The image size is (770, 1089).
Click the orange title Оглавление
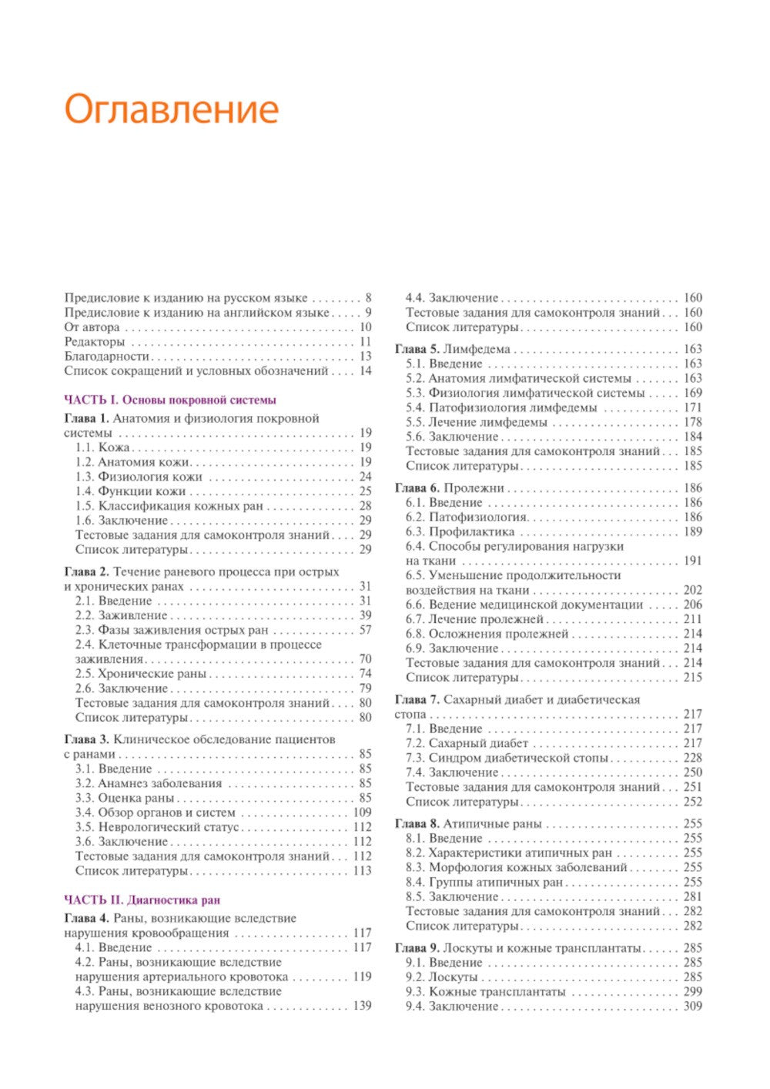click(x=171, y=109)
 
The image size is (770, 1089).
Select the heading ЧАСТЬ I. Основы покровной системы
click(x=170, y=400)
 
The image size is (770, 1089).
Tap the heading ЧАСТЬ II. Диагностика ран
click(x=142, y=900)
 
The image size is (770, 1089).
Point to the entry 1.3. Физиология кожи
click(x=139, y=477)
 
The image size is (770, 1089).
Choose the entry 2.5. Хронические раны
click(x=141, y=674)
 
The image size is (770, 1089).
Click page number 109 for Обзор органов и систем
click(x=362, y=813)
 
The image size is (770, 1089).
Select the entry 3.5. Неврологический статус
click(x=157, y=827)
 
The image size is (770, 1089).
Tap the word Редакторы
click(x=95, y=342)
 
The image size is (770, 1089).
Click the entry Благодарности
click(x=107, y=357)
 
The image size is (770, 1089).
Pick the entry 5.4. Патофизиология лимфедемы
click(x=501, y=407)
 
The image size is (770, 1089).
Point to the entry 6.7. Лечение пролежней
click(x=475, y=619)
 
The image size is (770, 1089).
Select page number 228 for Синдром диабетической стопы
click(x=692, y=758)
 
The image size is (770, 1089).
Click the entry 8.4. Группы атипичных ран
click(x=485, y=882)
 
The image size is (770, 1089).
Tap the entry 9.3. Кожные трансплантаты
click(x=486, y=992)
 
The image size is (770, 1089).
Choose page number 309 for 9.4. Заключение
click(x=692, y=1007)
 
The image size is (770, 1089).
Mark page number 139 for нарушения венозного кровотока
click(x=362, y=1006)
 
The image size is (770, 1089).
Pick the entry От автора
click(x=92, y=327)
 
